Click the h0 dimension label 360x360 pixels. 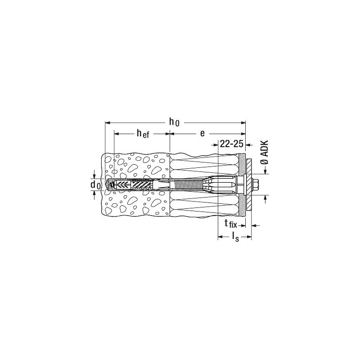coord(175,122)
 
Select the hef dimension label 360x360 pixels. coord(143,133)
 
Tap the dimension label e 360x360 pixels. coord(202,133)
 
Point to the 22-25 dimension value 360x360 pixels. coord(231,144)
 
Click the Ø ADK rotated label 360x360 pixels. coord(265,152)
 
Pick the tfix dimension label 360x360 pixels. coord(231,223)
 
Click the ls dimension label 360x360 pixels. coord(235,237)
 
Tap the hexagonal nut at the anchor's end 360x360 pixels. coord(256,184)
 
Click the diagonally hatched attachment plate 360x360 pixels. coord(249,184)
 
